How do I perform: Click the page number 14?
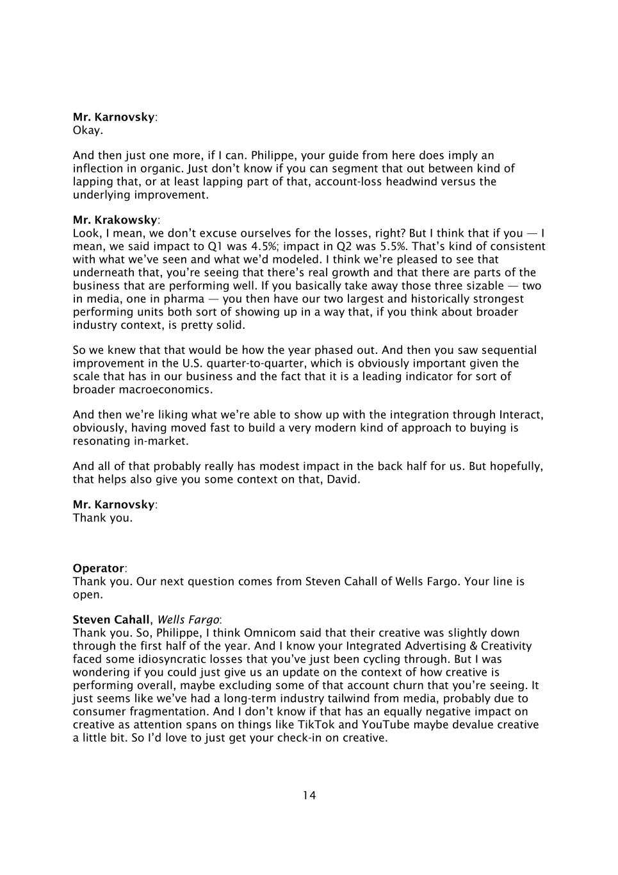tap(309, 796)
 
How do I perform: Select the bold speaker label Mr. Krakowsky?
tap(114, 221)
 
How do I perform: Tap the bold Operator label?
tap(98, 569)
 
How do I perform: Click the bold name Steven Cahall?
tap(110, 620)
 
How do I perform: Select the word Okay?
tap(88, 131)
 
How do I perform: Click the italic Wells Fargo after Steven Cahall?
tap(188, 620)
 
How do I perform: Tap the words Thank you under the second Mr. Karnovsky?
tap(102, 518)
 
